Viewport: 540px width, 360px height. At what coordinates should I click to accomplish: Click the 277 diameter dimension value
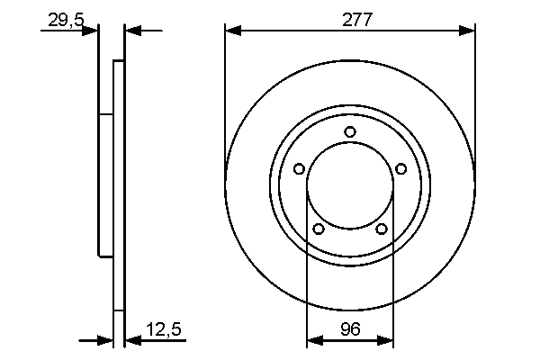350,18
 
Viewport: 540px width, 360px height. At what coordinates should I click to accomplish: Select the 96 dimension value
350,329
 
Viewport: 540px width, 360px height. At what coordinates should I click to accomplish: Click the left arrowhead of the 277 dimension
233,31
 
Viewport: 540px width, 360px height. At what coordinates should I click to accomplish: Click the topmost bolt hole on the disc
350,132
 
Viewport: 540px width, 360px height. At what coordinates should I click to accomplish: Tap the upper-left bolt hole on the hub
299,167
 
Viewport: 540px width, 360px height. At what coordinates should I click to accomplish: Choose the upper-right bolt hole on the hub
400,167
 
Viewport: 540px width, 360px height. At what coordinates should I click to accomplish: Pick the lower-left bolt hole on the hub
318,229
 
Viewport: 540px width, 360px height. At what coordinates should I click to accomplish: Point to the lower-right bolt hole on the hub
382,229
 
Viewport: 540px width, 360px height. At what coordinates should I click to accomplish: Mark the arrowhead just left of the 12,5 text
131,341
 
